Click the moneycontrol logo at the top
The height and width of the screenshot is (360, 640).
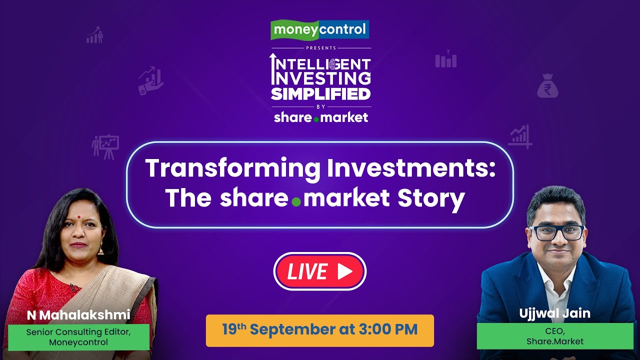[x=320, y=30]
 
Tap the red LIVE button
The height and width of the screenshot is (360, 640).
[x=320, y=271]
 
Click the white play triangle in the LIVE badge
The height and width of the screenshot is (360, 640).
[x=344, y=271]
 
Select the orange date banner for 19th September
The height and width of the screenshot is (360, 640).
[x=320, y=330]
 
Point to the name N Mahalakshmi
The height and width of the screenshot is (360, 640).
[x=79, y=315]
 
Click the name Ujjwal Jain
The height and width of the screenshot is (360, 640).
[x=554, y=313]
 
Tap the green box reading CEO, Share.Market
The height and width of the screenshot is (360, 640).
[x=554, y=336]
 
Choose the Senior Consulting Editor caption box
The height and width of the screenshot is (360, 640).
[x=79, y=337]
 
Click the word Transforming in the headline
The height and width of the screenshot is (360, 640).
[x=232, y=169]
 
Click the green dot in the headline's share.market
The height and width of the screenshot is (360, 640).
[x=296, y=202]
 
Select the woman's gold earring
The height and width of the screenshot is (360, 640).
[x=100, y=248]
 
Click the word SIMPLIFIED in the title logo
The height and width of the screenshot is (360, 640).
[x=320, y=93]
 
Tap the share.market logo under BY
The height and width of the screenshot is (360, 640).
[x=320, y=117]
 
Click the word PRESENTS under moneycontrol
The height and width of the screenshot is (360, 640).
[x=320, y=48]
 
